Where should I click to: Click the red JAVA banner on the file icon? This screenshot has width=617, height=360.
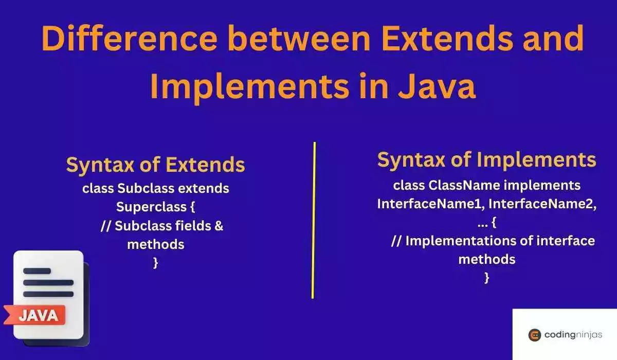click(x=37, y=315)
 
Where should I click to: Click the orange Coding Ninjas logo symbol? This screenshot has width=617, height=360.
click(x=534, y=335)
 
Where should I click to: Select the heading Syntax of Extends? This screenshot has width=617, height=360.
click(x=155, y=165)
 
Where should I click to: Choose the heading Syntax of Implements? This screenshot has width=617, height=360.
click(x=486, y=160)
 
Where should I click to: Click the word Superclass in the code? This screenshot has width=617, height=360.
click(x=150, y=207)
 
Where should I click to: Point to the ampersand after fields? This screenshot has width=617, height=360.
click(x=218, y=226)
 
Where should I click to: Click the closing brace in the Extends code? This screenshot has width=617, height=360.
click(x=155, y=263)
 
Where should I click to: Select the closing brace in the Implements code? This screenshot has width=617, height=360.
click(x=486, y=278)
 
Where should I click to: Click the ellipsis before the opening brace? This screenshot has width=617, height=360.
click(x=478, y=223)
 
